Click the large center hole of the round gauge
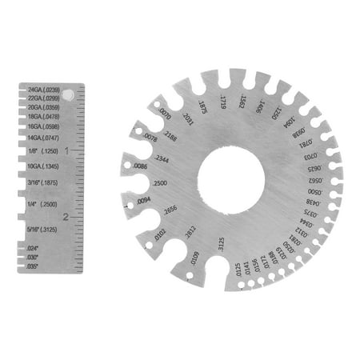[230, 175]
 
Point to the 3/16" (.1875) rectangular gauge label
[45, 182]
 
